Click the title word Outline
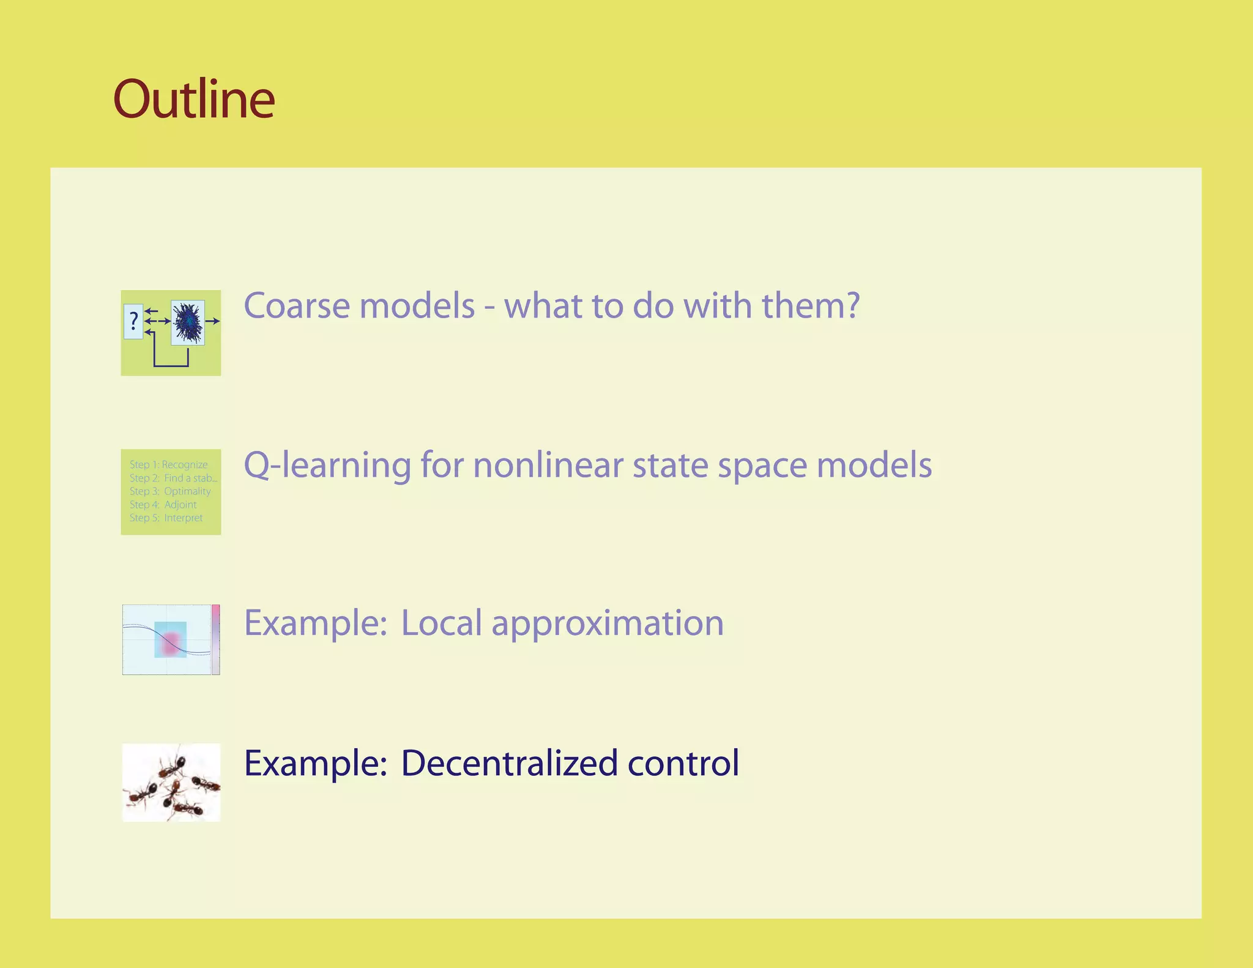coord(194,99)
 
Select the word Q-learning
coord(327,465)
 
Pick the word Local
coord(441,623)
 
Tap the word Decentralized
coord(509,763)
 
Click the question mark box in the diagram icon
coord(133,321)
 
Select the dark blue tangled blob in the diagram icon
coord(187,322)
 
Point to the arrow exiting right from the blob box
coord(212,321)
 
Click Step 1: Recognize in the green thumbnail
coord(169,464)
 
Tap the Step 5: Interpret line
coord(166,518)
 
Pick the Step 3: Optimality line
coord(170,491)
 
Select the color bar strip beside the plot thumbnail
coord(215,639)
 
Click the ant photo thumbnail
coord(171,782)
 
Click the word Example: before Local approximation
coord(316,623)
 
